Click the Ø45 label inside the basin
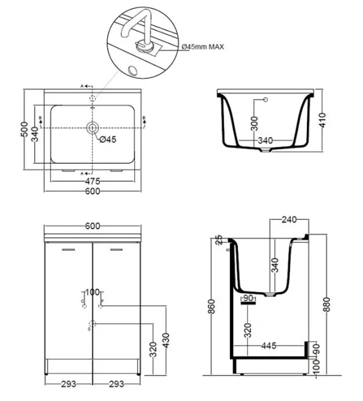(x=108, y=139)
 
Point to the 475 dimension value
(x=92, y=181)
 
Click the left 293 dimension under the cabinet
(x=68, y=384)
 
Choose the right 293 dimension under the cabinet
(x=116, y=384)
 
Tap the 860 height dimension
(x=213, y=307)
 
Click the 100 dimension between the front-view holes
(x=92, y=293)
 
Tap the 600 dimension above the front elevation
(x=92, y=226)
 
